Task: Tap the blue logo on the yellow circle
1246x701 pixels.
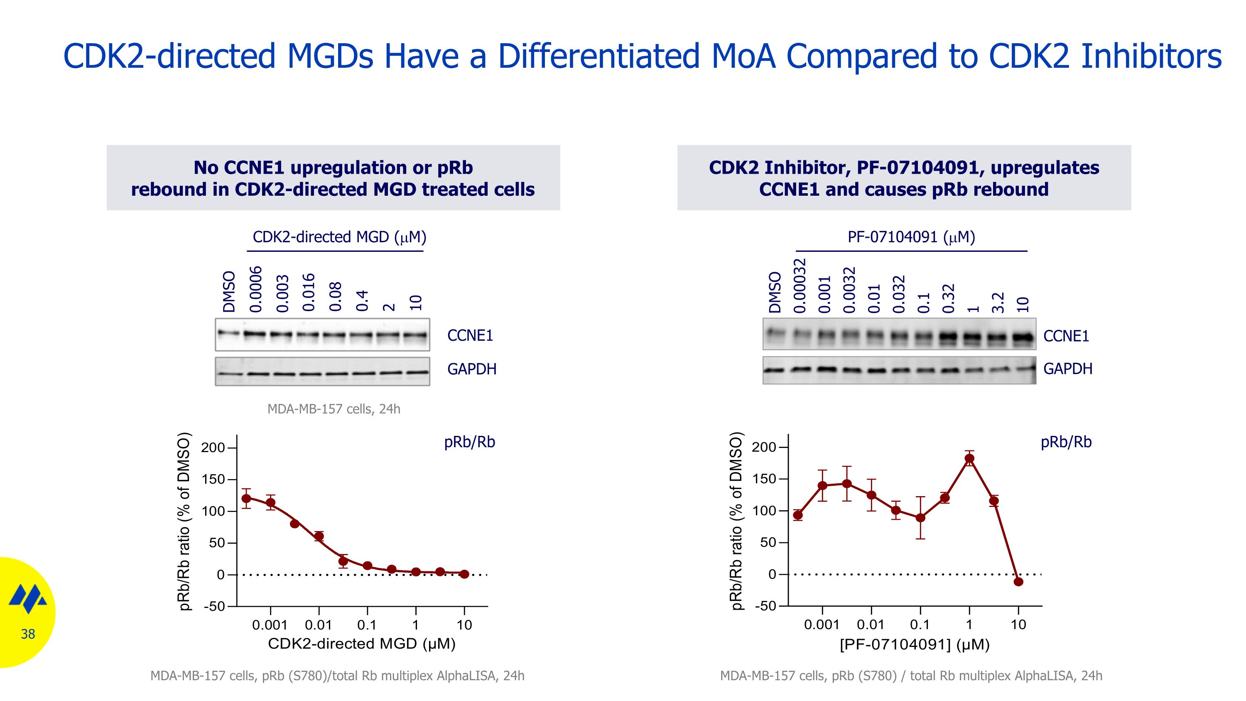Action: (x=28, y=599)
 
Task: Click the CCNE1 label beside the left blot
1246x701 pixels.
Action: (x=470, y=335)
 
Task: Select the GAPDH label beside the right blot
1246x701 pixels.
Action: (x=1067, y=369)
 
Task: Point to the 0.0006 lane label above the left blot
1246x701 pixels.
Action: (x=256, y=289)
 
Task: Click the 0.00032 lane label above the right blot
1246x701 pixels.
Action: (x=800, y=285)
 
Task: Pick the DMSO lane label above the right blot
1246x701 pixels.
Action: (x=775, y=292)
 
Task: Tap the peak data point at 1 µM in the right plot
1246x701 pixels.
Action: (x=969, y=459)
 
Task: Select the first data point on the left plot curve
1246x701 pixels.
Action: (x=246, y=498)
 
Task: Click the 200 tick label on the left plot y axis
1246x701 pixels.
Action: (x=213, y=448)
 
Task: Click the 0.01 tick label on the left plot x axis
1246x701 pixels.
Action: (x=318, y=625)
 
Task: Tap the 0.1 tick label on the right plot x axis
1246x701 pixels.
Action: (x=920, y=625)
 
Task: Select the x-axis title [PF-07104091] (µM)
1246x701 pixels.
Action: (x=915, y=645)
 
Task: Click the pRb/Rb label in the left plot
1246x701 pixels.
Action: (x=469, y=442)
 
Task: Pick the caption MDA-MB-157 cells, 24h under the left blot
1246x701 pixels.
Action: (x=334, y=409)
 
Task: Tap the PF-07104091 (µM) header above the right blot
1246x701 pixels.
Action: (x=911, y=237)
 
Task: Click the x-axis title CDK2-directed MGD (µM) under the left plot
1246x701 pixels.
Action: (x=362, y=644)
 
